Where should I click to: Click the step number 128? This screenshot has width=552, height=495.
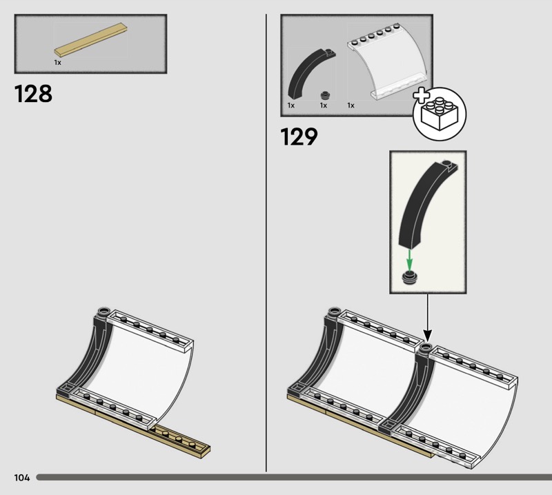(x=33, y=94)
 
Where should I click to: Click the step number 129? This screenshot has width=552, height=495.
(x=299, y=137)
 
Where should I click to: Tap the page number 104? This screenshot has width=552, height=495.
(x=22, y=477)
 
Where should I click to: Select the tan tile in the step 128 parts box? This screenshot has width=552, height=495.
(x=91, y=40)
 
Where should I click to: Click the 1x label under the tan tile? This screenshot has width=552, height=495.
(x=58, y=63)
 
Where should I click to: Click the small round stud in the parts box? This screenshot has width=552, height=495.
(x=326, y=95)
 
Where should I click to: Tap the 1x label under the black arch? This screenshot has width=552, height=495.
(x=291, y=105)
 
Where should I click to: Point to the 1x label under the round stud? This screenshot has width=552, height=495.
(x=324, y=105)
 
